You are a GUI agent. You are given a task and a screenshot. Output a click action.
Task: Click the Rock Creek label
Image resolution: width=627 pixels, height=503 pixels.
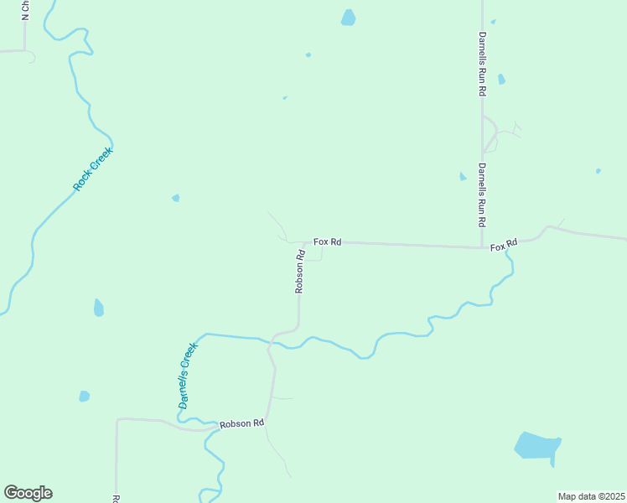92,169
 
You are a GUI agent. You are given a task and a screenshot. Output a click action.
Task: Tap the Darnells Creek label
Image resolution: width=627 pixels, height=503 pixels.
188,375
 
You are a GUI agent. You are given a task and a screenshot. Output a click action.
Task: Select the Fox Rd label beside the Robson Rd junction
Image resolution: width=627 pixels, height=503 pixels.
327,241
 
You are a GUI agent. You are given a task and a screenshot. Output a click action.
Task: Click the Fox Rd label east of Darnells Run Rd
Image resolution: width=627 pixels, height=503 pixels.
504,245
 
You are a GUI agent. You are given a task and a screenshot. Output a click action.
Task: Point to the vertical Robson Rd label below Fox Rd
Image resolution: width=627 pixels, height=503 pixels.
299,270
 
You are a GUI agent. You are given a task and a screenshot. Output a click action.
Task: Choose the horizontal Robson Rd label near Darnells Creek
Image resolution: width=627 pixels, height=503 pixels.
241,424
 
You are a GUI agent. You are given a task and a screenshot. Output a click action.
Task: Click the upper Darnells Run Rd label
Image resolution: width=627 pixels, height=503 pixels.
482,64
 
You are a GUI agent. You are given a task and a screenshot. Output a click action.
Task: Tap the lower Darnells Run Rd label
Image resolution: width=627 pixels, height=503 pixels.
482,195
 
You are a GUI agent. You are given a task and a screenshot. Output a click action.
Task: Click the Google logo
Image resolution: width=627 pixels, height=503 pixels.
28,493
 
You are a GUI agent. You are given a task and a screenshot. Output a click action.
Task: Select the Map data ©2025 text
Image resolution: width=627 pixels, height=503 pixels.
592,496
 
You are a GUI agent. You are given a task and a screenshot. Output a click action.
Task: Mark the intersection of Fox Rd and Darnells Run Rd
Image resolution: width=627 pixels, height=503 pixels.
482,247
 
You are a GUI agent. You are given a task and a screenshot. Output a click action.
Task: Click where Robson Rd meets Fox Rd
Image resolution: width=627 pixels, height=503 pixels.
304,242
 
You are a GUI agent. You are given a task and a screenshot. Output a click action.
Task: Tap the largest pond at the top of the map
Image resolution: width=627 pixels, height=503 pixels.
348,18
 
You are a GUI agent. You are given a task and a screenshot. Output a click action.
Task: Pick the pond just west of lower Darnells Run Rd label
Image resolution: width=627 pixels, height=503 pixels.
463,177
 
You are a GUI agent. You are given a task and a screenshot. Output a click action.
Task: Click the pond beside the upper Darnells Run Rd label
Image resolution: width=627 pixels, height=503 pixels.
501,79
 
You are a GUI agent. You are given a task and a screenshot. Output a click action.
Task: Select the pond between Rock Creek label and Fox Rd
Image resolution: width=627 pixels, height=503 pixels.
175,198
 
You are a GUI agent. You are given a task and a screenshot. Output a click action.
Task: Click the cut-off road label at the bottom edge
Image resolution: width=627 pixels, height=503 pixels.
116,498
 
